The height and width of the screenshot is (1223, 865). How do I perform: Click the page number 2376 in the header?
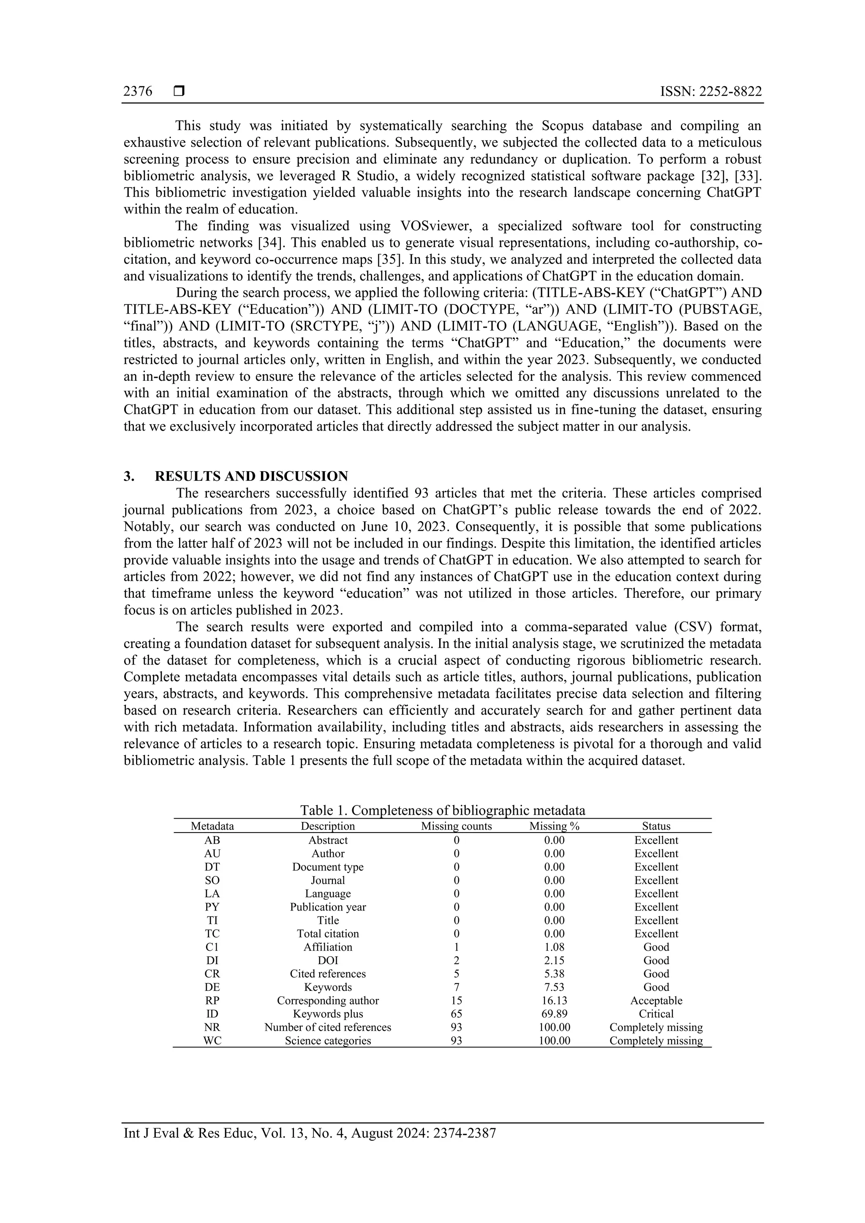point(138,92)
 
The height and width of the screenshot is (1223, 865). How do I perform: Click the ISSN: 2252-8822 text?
point(710,92)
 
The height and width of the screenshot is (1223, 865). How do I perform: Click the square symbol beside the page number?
point(179,92)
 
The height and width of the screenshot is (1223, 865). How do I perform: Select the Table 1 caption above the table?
point(442,810)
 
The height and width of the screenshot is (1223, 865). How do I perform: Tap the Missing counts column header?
point(456,826)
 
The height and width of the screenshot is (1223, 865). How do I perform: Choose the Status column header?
point(656,826)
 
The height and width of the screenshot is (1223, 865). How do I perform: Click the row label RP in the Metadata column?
point(212,1001)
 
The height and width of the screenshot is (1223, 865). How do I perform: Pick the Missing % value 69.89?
point(554,1014)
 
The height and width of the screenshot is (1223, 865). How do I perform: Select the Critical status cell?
point(656,1014)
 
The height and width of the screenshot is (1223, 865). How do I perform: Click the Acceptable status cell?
point(656,1001)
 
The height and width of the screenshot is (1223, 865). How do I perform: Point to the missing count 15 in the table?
point(456,1001)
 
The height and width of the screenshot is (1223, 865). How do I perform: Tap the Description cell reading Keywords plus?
point(328,1014)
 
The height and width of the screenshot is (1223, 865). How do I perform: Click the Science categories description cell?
point(328,1041)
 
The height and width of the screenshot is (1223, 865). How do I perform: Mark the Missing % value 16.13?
point(554,1001)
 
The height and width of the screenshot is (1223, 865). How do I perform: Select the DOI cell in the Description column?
point(328,960)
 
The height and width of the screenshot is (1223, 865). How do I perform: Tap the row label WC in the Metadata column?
point(212,1041)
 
